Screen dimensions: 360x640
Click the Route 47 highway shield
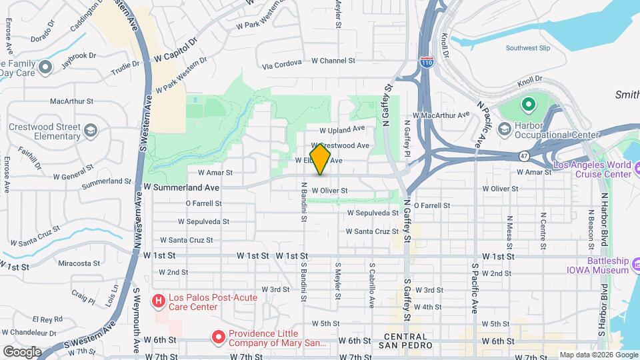[x=525, y=155]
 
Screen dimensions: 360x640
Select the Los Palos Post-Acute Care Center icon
[x=159, y=301]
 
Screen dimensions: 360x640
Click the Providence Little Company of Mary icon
[x=218, y=338]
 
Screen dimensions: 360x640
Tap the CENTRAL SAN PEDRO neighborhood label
[x=408, y=341]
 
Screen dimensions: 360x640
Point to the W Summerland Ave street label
[x=178, y=188]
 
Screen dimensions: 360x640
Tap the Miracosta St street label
[x=79, y=263]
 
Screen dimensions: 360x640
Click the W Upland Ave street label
[x=343, y=129]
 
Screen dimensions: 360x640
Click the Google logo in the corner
[x=22, y=351]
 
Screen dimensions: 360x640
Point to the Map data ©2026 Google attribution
[x=598, y=355]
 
